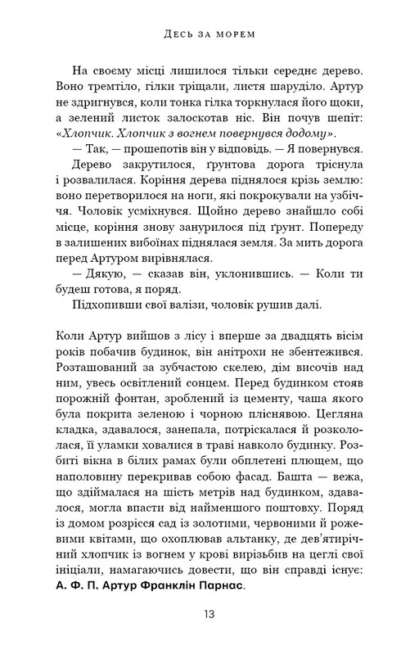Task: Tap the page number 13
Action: tap(209, 612)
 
